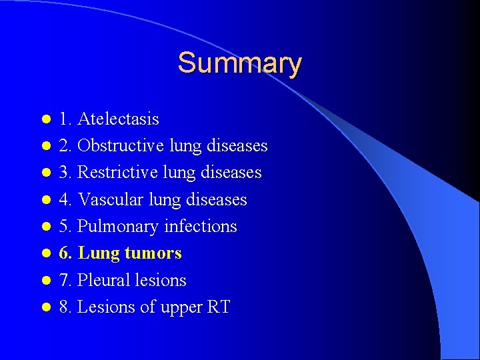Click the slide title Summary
pyautogui.click(x=239, y=63)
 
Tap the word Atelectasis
pyautogui.click(x=118, y=119)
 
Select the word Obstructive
pyautogui.click(x=121, y=146)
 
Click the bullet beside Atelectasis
pyautogui.click(x=45, y=119)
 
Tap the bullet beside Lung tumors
pyautogui.click(x=45, y=253)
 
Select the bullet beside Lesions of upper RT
pyautogui.click(x=45, y=307)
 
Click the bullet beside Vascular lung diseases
pyautogui.click(x=45, y=199)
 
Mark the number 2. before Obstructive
pyautogui.click(x=65, y=146)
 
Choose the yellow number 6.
pyautogui.click(x=65, y=253)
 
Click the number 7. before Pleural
pyautogui.click(x=65, y=280)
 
